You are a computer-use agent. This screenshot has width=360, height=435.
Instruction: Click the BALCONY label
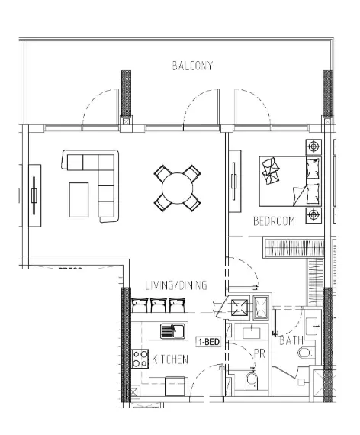tap(191, 66)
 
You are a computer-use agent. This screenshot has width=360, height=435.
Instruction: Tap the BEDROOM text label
tap(274, 221)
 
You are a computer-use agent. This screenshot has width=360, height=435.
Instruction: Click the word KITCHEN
tap(169, 359)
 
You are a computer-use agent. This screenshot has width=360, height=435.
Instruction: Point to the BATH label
tap(291, 340)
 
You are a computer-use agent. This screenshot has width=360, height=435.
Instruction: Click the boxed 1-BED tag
tap(208, 342)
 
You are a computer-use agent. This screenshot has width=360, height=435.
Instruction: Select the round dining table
tap(178, 187)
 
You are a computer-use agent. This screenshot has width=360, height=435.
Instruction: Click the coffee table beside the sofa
tap(79, 199)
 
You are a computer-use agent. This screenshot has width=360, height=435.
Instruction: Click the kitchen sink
tap(173, 331)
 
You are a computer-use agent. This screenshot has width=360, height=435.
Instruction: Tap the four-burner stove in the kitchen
tap(140, 359)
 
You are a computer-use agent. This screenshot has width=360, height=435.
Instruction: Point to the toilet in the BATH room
tap(306, 352)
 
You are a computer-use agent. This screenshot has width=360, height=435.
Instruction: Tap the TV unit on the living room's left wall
tap(34, 195)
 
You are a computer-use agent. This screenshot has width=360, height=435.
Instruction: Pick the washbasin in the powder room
tap(251, 333)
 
